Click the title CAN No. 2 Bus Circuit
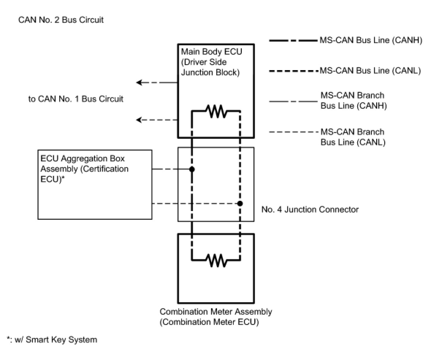point(61,20)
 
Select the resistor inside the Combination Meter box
point(216,260)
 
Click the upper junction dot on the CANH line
point(192,169)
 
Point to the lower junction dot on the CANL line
point(240,203)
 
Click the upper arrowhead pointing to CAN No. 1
point(139,83)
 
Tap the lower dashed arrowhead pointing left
point(139,120)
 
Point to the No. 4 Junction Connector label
point(310,210)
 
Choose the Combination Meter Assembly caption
point(216,317)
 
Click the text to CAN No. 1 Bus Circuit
point(76,99)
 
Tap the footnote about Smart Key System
point(52,340)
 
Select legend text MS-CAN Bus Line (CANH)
point(371,41)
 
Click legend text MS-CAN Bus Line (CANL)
point(370,71)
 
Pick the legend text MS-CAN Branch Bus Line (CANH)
point(353,101)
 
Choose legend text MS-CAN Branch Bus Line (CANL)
point(353,137)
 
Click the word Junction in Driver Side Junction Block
point(197,72)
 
